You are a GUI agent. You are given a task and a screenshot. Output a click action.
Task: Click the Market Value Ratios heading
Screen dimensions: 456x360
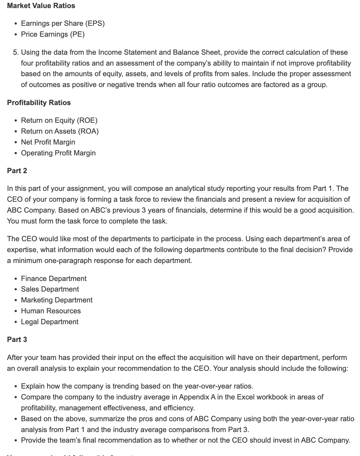[x=41, y=6]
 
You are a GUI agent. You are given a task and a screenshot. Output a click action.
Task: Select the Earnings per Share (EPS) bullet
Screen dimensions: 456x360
[x=63, y=23]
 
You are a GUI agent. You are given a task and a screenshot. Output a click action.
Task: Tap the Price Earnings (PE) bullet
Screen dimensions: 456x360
[x=53, y=34]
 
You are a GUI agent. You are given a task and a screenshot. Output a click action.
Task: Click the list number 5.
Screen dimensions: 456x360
[x=16, y=52]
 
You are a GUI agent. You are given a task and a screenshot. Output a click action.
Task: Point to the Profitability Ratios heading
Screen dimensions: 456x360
[x=39, y=103]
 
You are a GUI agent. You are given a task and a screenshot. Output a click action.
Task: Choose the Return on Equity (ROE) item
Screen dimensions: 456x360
[x=59, y=120]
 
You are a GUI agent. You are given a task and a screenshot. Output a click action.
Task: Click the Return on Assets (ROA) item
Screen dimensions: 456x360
[x=60, y=131]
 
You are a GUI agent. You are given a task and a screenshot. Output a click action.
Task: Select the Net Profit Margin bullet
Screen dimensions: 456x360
[x=48, y=142]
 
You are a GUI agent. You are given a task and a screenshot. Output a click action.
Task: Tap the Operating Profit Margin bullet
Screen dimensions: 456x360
[x=58, y=153]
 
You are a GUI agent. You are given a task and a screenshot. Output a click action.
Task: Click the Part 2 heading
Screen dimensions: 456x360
[x=17, y=171]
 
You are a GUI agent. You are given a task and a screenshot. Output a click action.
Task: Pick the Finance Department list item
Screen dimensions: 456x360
[x=54, y=279]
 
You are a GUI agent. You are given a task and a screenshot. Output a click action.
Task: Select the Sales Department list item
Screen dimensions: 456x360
[x=50, y=289]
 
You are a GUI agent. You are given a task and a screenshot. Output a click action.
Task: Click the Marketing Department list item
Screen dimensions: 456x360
[x=57, y=300]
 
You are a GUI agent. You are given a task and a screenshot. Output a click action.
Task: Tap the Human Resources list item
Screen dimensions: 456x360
[x=51, y=311]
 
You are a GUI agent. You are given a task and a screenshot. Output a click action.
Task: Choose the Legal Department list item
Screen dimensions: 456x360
[x=49, y=322]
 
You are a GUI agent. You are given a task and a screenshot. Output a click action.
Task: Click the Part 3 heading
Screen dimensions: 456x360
[x=17, y=339]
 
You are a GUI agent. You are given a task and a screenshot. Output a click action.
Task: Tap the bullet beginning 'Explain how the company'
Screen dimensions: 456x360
[x=137, y=386]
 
